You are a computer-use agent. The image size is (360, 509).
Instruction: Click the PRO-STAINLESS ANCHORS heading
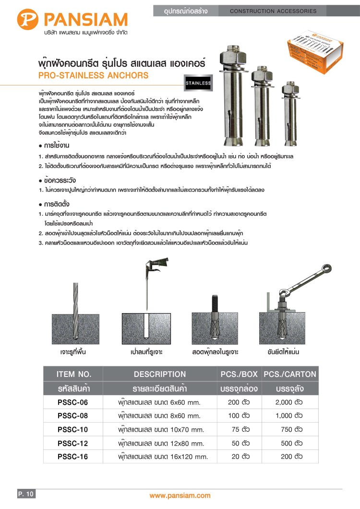click(x=94, y=76)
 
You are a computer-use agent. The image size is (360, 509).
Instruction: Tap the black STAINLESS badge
click(x=198, y=83)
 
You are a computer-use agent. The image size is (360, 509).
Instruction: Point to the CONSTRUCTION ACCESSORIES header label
click(x=273, y=11)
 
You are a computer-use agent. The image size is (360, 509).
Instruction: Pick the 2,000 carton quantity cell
click(x=289, y=402)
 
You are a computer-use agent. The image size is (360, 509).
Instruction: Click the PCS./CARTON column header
click(x=290, y=374)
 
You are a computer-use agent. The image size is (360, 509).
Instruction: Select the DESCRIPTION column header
click(x=160, y=374)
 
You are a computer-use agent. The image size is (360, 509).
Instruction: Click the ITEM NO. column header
click(x=74, y=374)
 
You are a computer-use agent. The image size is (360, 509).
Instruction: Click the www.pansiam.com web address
click(x=180, y=496)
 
